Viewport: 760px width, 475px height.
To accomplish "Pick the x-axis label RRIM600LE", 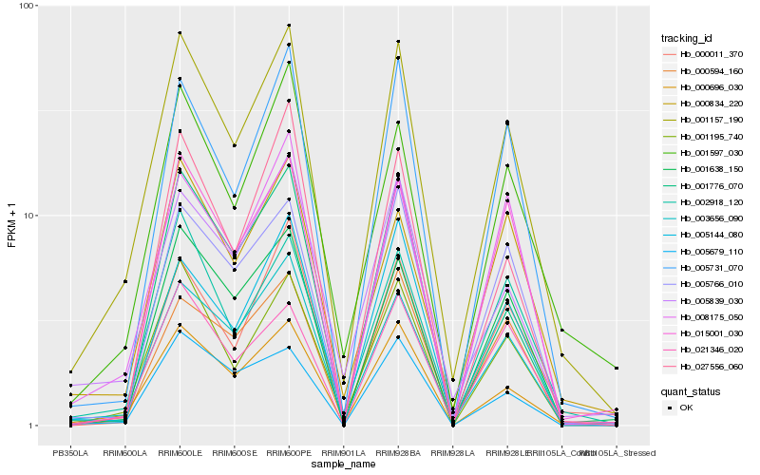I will tap(180, 453).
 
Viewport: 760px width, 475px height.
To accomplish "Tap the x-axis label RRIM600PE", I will tap(289, 453).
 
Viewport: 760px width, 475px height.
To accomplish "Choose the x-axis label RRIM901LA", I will tap(343, 453).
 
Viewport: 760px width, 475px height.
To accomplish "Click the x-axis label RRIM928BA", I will tap(398, 453).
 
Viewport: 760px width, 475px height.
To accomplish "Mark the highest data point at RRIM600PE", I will tap(289, 26).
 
